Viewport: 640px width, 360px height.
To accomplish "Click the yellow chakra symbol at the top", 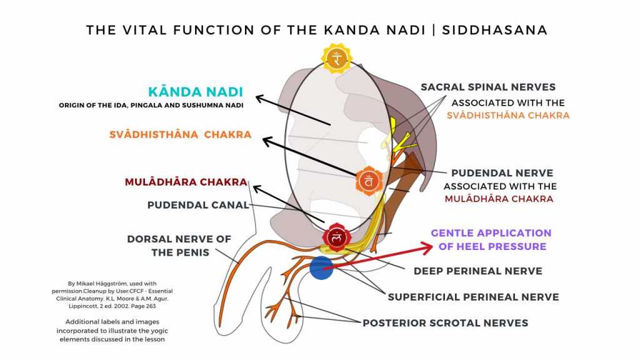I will click(337, 58).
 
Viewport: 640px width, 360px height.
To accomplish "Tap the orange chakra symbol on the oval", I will click(369, 182).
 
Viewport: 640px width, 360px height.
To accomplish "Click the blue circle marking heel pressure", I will click(321, 267).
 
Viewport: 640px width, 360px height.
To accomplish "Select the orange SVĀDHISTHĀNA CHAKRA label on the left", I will click(180, 134).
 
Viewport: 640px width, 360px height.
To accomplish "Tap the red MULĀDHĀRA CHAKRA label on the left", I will click(186, 182).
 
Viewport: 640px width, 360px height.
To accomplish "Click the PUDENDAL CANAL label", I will click(197, 205).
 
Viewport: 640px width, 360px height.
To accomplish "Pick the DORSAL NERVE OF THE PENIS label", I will click(179, 246).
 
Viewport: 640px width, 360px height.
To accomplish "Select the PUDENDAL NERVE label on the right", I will click(502, 173).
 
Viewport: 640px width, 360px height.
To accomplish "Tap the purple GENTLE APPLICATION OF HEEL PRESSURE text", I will click(491, 239).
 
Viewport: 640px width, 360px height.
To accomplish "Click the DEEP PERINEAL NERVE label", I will click(477, 271).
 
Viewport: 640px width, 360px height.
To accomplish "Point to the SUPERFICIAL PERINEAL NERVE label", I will click(473, 297).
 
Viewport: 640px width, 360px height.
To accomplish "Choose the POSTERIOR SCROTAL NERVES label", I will click(445, 323).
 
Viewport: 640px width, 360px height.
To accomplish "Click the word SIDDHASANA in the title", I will click(494, 30).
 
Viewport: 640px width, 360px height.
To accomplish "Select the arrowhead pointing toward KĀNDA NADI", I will click(261, 97).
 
